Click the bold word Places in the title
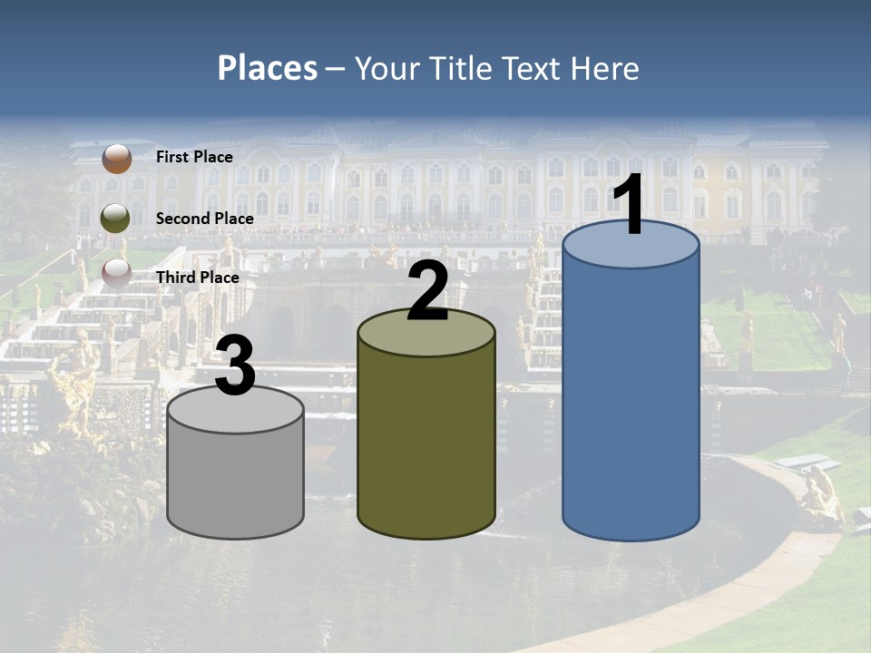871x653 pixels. pyautogui.click(x=268, y=68)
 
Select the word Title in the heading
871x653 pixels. pyautogui.click(x=459, y=68)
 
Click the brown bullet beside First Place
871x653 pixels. pyautogui.click(x=116, y=158)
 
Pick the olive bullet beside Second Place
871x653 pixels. pyautogui.click(x=116, y=219)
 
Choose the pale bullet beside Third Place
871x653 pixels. pyautogui.click(x=116, y=273)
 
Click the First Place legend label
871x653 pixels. pyautogui.click(x=194, y=157)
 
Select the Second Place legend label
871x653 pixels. pyautogui.click(x=204, y=219)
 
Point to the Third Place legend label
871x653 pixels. pyautogui.click(x=197, y=278)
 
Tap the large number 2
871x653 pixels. pyautogui.click(x=427, y=290)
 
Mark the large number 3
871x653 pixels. pyautogui.click(x=236, y=365)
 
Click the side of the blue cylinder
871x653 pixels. pyautogui.click(x=631, y=399)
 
